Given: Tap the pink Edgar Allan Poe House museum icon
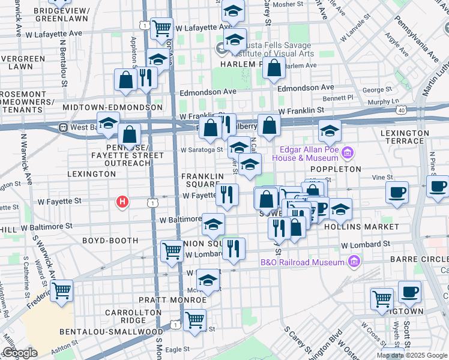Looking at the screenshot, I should (346, 154).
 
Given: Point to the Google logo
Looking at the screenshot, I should (19, 353).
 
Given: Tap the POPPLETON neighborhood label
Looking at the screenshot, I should (336, 169).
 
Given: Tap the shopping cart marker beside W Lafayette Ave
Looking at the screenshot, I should (161, 27).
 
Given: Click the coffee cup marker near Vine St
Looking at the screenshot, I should (397, 193).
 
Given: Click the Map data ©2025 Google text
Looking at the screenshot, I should (411, 355).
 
